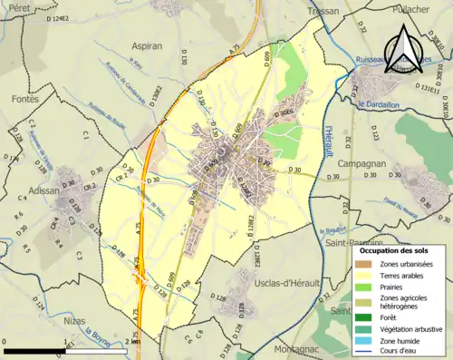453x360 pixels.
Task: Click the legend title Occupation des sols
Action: click(x=399, y=249)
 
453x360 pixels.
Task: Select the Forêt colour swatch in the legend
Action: click(x=363, y=316)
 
